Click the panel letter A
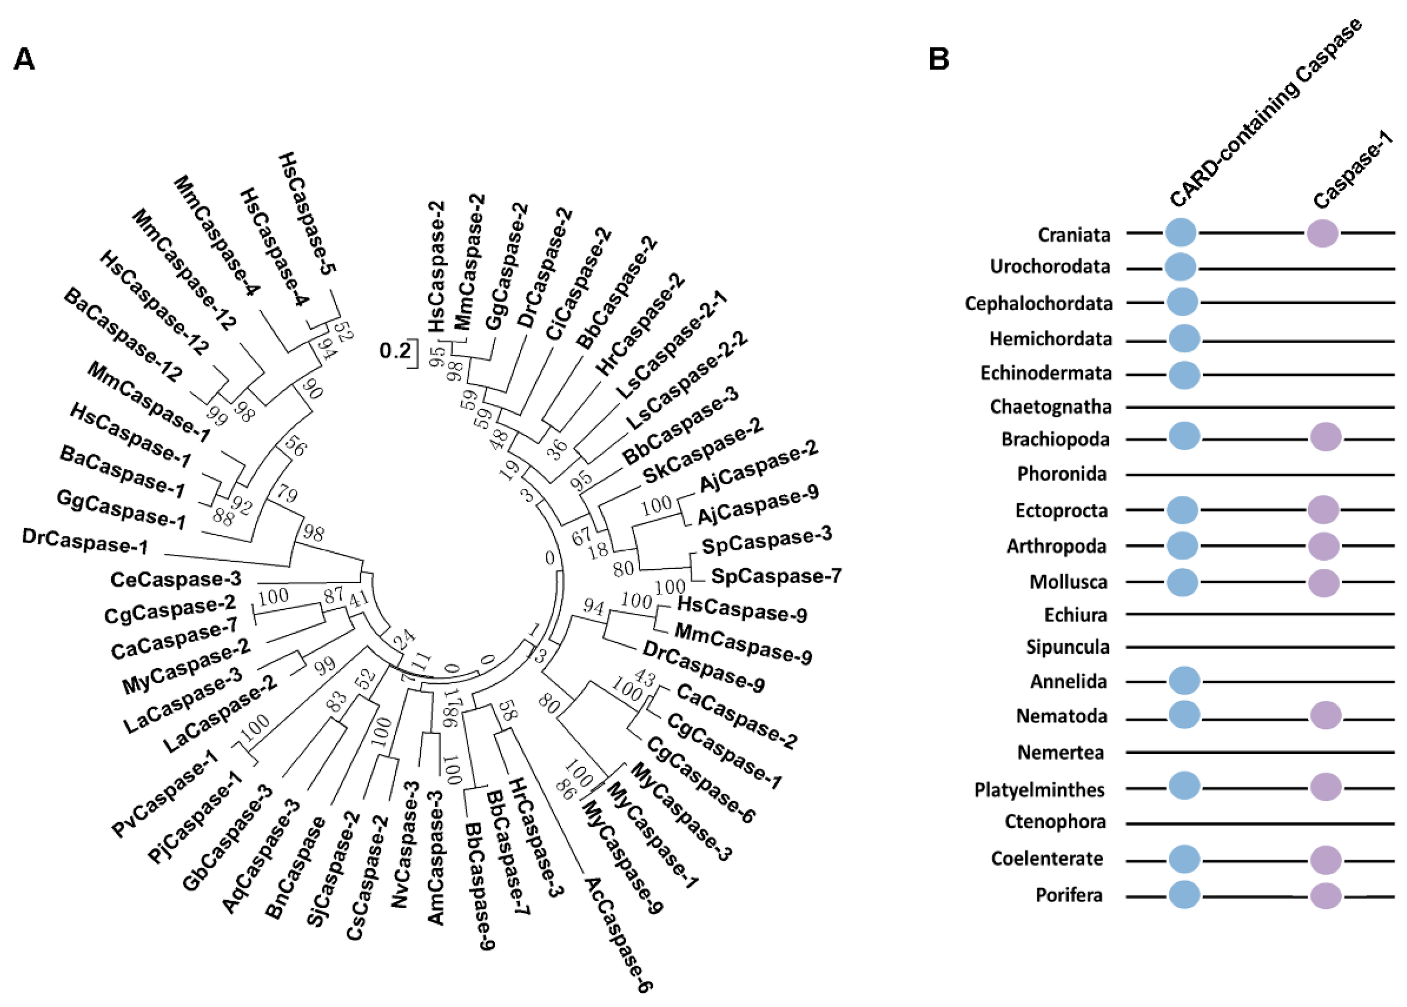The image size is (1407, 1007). coord(24,59)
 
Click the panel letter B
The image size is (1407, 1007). coord(938,59)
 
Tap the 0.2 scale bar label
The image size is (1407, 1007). coord(395,351)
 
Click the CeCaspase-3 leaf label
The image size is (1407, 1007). coord(175,579)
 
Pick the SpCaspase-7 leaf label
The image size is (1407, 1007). coord(776,576)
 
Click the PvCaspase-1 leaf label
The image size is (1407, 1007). coord(165,793)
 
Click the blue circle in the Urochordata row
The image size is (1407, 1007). coord(1180,267)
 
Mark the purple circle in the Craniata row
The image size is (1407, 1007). coord(1322,233)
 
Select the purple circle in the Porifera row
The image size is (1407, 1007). coord(1326,895)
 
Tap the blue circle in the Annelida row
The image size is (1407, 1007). coord(1184,680)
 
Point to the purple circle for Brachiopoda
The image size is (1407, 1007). coord(1326,437)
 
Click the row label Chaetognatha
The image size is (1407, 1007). coord(1050,407)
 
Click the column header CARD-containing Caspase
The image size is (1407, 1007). coord(1265,112)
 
